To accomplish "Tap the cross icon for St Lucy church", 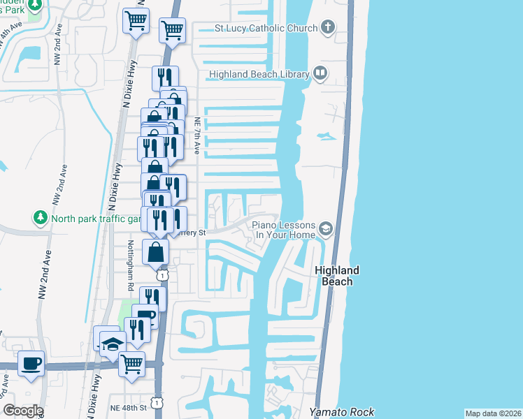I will point(327,28).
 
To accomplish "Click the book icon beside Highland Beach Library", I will point(320,73).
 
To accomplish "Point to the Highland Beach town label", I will point(336,276).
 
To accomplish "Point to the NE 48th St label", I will point(128,407).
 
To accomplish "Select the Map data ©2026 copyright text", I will point(493,413).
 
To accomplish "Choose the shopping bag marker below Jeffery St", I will point(156,252).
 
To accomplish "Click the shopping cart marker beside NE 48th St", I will point(131,364).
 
